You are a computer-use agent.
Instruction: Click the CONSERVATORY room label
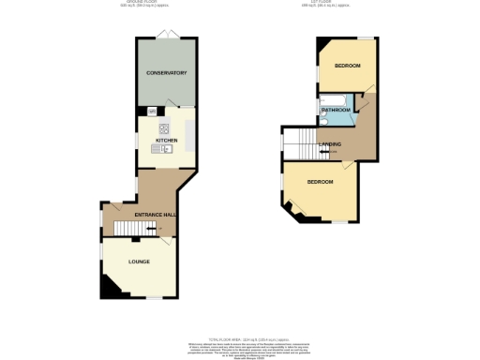point(166,73)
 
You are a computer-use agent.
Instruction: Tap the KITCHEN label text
point(166,140)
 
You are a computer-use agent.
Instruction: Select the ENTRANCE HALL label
point(156,215)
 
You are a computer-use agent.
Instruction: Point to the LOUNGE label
point(139,262)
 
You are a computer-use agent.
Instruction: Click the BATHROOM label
point(337,110)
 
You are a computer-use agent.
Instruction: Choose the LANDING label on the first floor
point(330,143)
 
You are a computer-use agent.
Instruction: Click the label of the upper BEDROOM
point(349,66)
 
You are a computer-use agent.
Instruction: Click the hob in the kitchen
point(163,129)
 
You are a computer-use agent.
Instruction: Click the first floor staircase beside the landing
point(301,144)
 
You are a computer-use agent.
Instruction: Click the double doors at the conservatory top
point(166,35)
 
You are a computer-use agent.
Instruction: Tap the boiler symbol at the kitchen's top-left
point(151,111)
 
